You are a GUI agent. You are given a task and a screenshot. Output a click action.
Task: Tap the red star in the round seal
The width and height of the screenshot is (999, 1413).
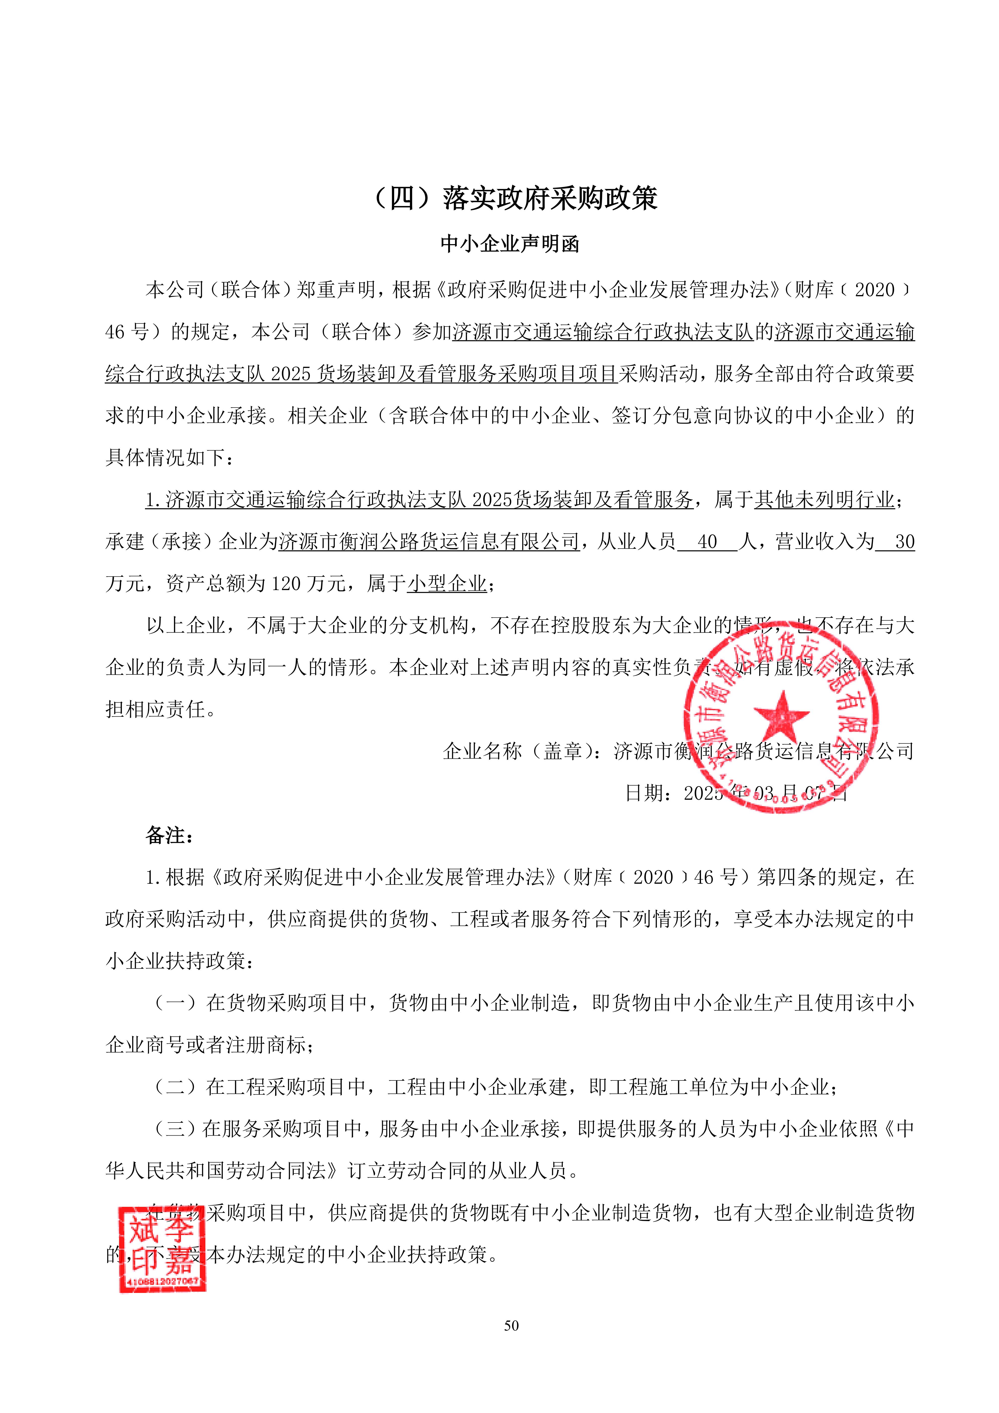tap(781, 716)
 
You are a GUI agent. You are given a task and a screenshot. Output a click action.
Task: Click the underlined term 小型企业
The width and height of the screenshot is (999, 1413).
tap(447, 584)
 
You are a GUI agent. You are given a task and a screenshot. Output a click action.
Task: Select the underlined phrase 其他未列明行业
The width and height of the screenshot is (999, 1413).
tap(824, 500)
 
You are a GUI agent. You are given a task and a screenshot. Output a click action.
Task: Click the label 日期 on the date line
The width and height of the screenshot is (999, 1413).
tap(645, 793)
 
